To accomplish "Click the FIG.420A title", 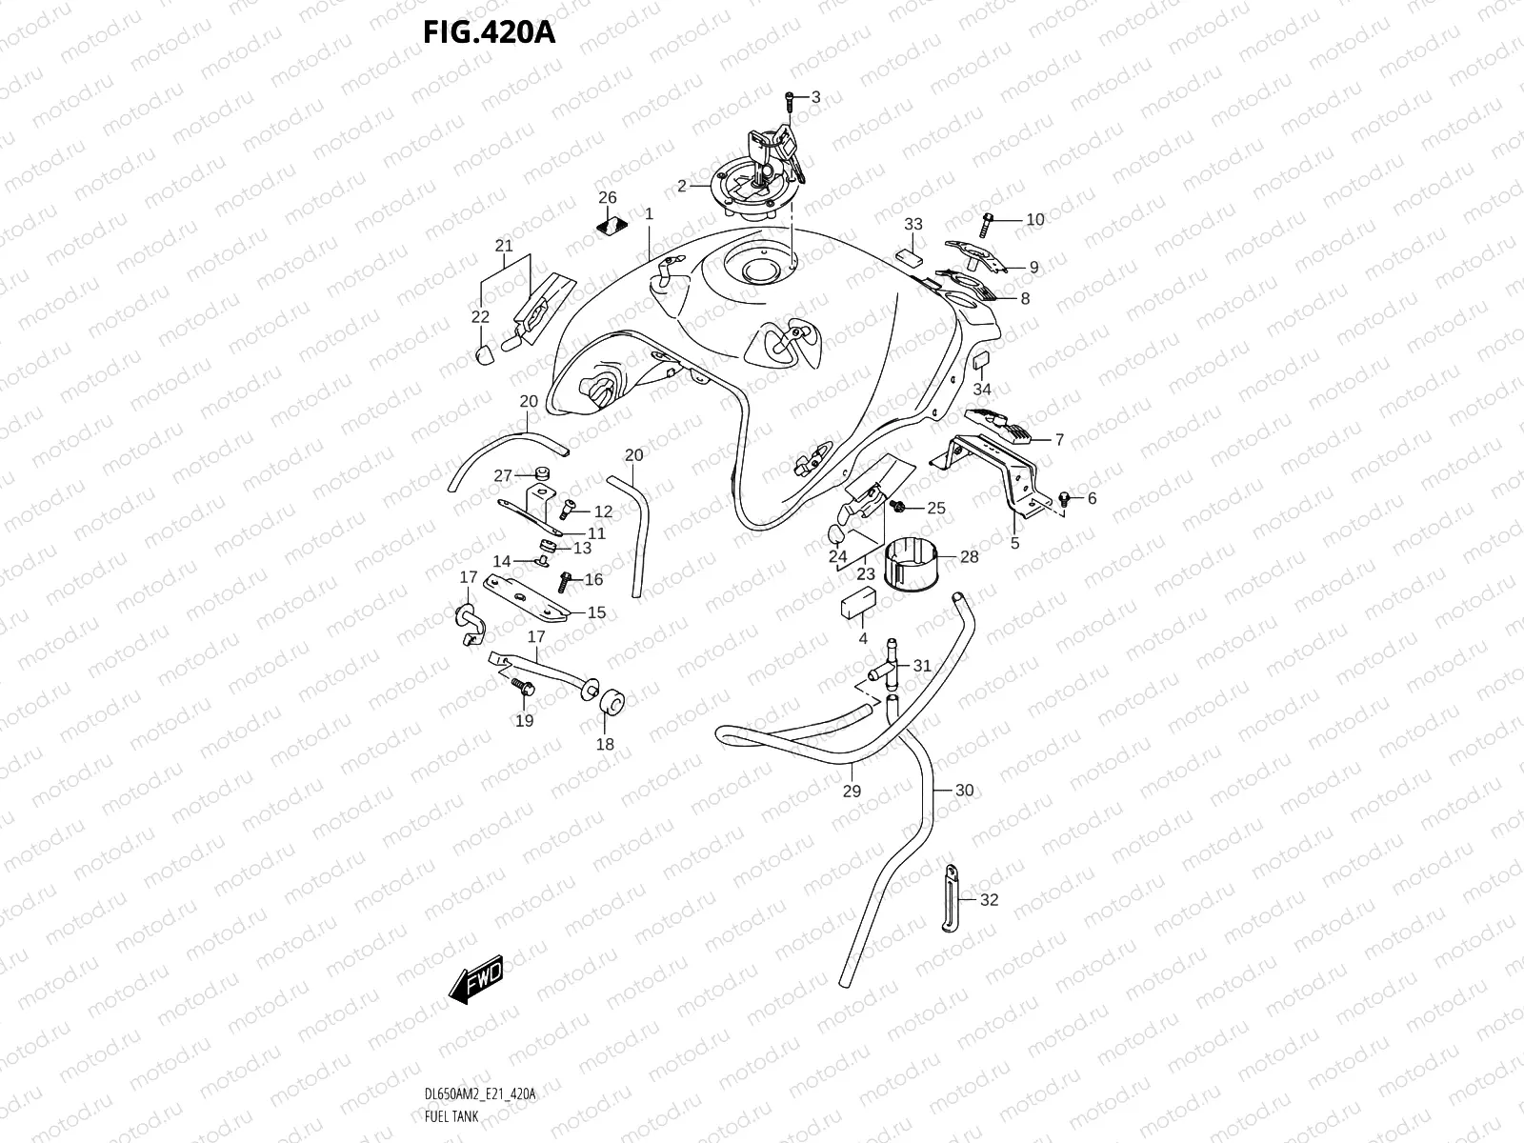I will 489,33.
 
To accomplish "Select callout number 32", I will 990,899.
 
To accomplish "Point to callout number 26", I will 608,198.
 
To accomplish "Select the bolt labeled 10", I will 988,220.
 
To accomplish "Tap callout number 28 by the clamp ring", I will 969,556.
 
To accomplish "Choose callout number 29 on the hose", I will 852,791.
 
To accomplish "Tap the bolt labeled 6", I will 1065,498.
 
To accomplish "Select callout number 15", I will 596,612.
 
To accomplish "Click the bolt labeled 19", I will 520,684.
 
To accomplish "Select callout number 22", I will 480,317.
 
